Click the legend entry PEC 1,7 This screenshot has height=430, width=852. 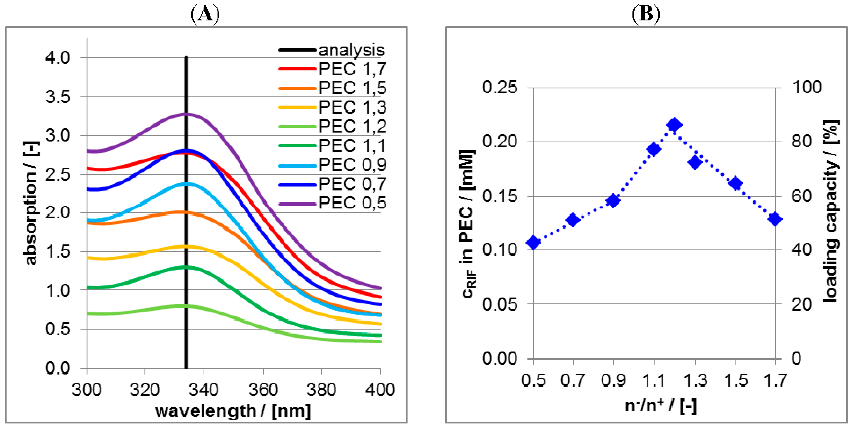[353, 69]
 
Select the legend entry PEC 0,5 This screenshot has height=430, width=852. [353, 202]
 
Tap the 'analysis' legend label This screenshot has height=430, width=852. [351, 50]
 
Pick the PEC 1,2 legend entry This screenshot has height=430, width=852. [353, 126]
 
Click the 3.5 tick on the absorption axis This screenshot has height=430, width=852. [58, 97]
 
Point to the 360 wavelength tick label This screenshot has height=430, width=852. [263, 389]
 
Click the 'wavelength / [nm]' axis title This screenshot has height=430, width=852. [233, 411]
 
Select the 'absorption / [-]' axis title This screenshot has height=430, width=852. [31, 203]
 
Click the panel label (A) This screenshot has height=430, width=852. [205, 14]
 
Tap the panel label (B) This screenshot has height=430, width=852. [646, 14]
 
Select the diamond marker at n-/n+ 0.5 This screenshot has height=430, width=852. [533, 242]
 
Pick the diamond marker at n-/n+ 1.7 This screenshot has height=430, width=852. [775, 219]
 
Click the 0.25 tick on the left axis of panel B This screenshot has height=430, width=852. [499, 87]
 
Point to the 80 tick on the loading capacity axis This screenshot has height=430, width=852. [802, 142]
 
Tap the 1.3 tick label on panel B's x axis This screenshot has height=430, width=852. [695, 380]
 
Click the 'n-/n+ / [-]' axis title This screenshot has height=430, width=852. [661, 405]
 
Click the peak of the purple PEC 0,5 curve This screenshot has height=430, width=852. [186, 115]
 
